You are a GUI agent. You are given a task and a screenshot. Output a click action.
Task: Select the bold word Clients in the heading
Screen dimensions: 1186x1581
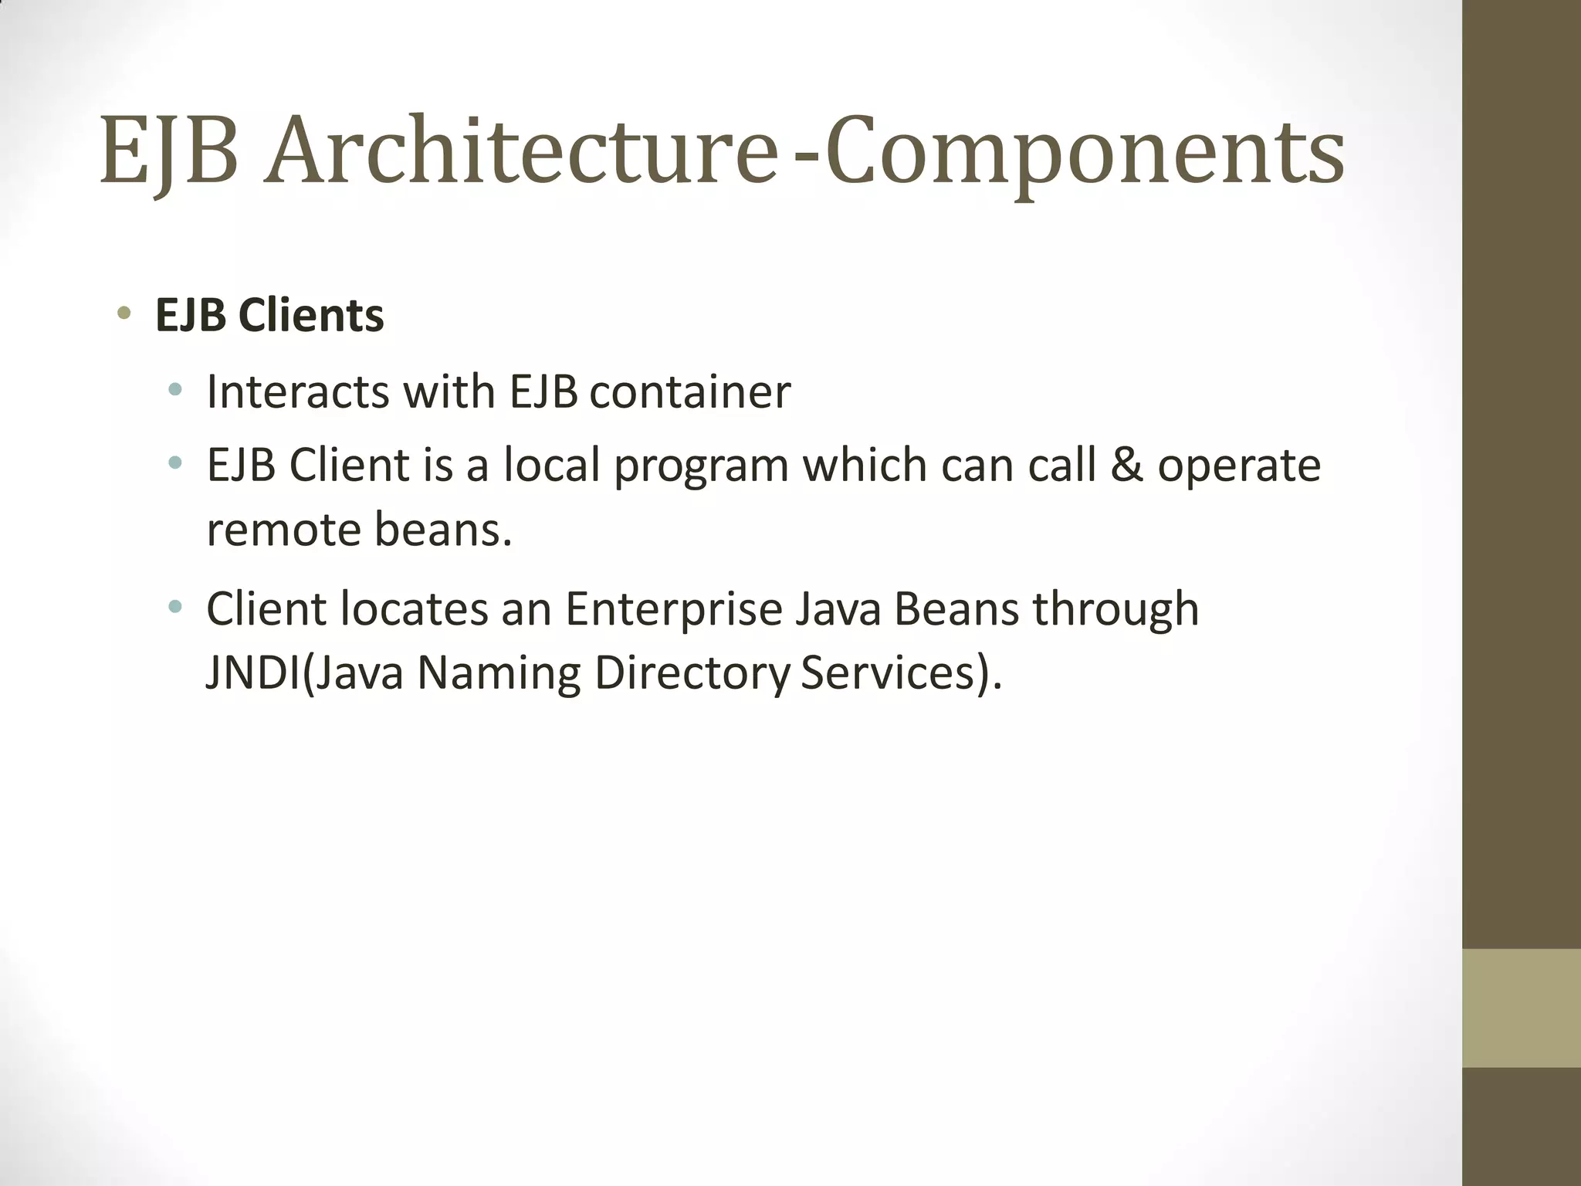pos(311,315)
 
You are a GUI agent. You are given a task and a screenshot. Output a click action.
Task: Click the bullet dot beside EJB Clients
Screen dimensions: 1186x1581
pos(124,313)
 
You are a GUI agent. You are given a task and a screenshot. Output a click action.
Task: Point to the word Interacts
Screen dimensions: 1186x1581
pos(297,391)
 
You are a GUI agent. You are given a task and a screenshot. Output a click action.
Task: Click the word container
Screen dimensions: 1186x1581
pos(689,391)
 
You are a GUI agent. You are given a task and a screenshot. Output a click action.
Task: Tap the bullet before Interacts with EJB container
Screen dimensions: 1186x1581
pos(176,389)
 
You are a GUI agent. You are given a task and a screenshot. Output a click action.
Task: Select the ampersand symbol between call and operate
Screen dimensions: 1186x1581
pos(1126,466)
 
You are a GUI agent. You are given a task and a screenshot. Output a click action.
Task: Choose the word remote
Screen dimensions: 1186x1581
pos(283,530)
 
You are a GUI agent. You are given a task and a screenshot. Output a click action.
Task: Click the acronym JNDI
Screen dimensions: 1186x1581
pos(252,673)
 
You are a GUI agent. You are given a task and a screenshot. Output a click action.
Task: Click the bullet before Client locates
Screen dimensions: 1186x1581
pos(176,606)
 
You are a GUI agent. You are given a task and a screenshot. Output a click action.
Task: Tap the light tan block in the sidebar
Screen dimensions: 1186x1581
pos(1521,1008)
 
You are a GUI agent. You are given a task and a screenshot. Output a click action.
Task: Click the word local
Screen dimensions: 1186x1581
pos(551,466)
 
